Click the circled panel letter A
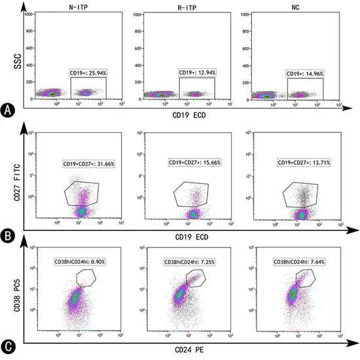pyautogui.click(x=7, y=111)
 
